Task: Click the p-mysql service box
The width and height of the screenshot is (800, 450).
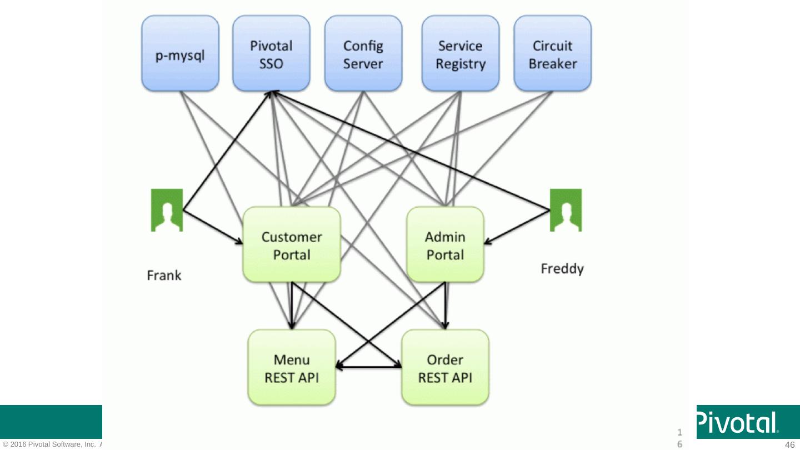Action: pos(179,53)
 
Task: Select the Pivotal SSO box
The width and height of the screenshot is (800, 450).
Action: pos(271,53)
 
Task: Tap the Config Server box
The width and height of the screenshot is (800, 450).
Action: pos(363,53)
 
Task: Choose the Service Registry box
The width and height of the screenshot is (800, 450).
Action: pos(460,53)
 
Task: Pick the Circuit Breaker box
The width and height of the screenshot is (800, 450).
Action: pos(552,53)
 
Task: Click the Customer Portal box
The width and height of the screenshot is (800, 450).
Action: pos(292,245)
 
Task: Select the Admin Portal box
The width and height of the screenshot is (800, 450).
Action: pos(445,245)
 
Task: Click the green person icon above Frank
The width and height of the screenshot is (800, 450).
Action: pos(167,210)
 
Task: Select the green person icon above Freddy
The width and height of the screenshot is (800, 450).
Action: pos(566,210)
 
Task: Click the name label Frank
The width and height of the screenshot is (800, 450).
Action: pos(164,275)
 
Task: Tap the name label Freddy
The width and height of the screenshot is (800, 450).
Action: pos(562,269)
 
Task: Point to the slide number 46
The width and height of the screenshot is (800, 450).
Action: pos(789,444)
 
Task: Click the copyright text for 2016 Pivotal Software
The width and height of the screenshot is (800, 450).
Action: pos(52,444)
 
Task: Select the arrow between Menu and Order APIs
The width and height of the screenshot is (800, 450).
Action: pos(368,367)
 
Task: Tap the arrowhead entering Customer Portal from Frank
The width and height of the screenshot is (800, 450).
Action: pos(240,242)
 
